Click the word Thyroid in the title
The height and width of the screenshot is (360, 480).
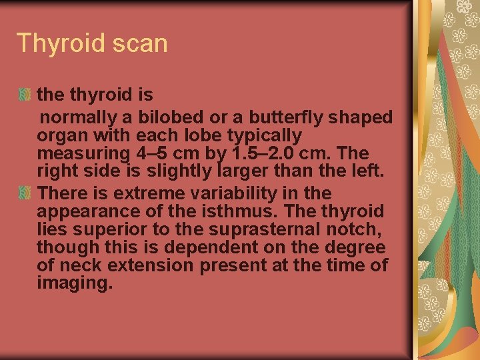point(59,43)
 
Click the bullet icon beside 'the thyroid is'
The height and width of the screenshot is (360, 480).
point(25,95)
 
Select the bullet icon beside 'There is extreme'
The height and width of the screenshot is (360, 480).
point(25,193)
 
